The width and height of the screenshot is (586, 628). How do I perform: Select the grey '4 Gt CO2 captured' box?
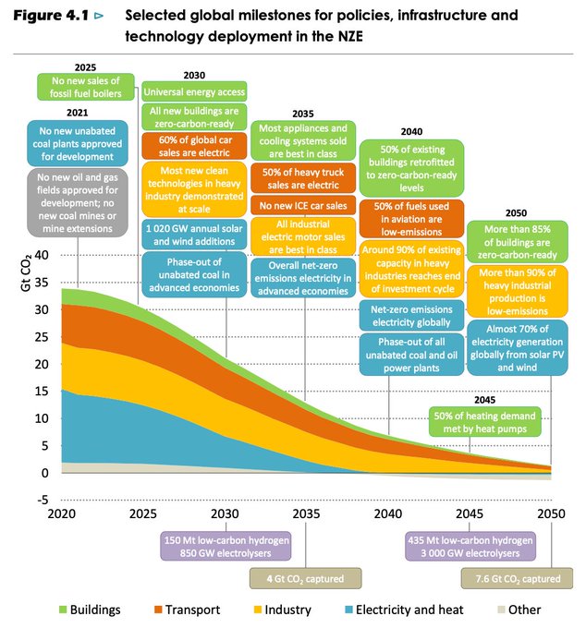[305, 579]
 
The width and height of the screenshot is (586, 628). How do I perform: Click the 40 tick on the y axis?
[41, 255]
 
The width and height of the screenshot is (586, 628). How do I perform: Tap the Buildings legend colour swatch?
[64, 610]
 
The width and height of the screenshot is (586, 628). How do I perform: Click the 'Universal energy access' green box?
[193, 92]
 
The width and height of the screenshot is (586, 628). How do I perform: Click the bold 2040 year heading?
[411, 132]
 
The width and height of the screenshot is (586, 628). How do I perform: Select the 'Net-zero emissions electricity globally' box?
[411, 316]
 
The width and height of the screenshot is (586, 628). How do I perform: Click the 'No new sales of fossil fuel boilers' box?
[85, 87]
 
